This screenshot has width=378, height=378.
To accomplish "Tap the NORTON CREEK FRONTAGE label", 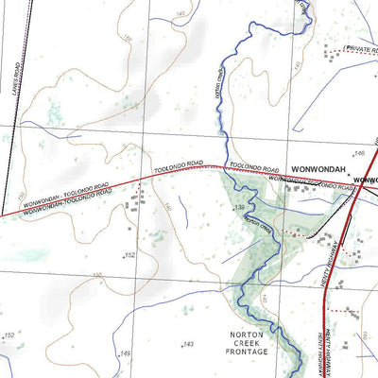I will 247,342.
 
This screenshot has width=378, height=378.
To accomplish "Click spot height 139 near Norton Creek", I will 240,206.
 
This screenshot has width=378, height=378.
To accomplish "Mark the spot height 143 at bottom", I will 188,343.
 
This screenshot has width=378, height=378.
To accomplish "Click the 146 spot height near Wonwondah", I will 358,152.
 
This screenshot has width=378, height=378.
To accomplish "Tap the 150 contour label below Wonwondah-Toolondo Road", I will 96,275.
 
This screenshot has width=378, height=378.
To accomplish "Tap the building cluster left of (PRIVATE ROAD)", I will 331,54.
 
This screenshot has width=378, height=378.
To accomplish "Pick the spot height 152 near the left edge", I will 9,335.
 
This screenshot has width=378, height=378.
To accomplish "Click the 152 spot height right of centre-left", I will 130,255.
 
